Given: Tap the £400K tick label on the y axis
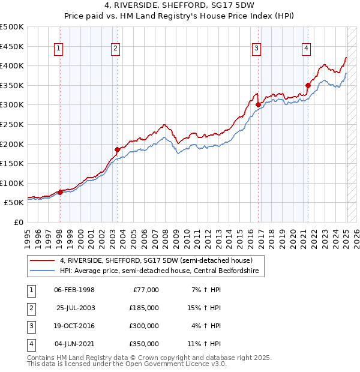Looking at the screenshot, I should (x=12, y=65).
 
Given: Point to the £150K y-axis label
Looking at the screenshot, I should (x=12, y=163).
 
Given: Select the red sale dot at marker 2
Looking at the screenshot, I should (x=117, y=149).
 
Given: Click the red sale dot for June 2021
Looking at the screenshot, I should (x=308, y=85).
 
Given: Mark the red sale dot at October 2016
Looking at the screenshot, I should (x=259, y=104).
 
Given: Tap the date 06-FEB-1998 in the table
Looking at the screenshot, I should (x=74, y=290).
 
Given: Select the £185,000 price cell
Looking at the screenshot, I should (x=144, y=308).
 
